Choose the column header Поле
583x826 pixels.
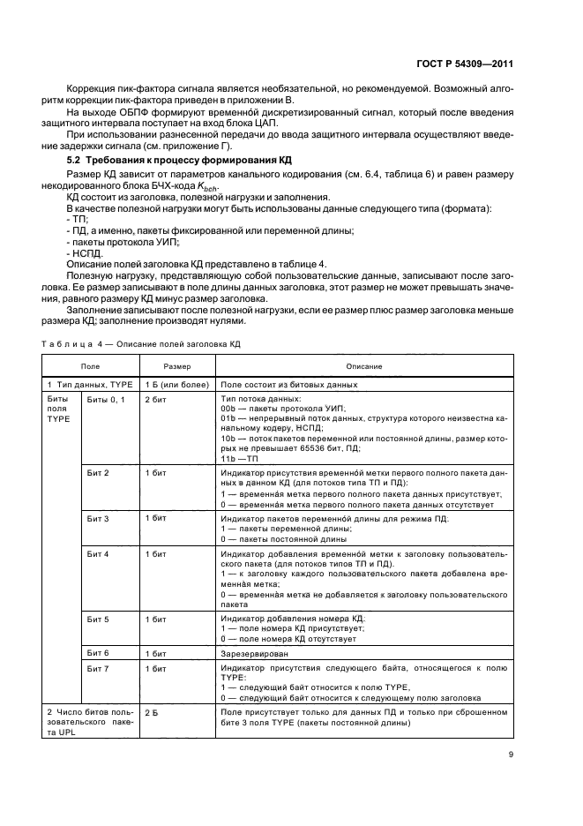click(x=90, y=365)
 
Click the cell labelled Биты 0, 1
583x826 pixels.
click(x=105, y=400)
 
